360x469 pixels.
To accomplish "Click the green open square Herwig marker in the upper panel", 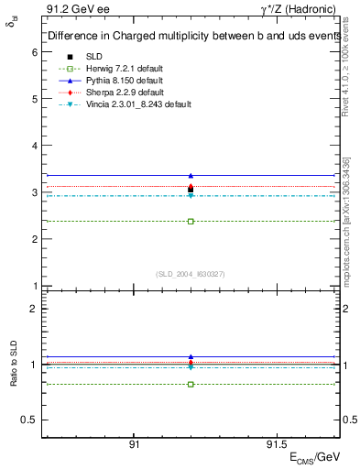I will pos(191,221).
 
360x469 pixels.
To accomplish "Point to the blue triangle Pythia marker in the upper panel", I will pos(191,175).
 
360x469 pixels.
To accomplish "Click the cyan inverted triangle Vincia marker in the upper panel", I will pos(191,196).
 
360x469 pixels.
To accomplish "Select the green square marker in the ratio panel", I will pos(191,384).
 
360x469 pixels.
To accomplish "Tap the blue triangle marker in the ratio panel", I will pos(191,356).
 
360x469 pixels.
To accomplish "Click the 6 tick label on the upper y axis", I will pos(35,53).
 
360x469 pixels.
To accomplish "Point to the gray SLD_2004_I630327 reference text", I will pos(191,274).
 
